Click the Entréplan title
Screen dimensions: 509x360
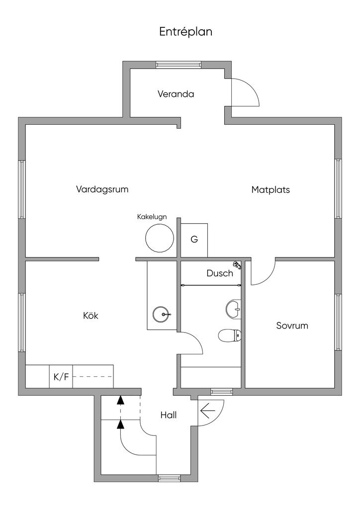[185, 32]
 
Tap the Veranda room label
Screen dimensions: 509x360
[176, 94]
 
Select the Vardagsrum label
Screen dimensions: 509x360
[102, 189]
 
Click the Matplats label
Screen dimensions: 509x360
[270, 190]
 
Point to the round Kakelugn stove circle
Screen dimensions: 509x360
[160, 238]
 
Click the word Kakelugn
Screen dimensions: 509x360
[152, 217]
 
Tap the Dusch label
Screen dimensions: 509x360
[219, 273]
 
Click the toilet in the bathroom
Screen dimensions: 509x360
[230, 336]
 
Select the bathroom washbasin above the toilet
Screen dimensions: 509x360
[233, 309]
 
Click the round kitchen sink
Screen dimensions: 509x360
[162, 314]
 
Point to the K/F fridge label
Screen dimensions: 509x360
[61, 377]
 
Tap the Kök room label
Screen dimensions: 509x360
[90, 316]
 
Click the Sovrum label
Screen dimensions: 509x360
[292, 326]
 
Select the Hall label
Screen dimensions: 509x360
[169, 415]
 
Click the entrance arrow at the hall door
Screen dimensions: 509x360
[207, 412]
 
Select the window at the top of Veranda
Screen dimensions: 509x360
[179, 65]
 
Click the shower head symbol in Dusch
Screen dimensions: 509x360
[237, 265]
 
